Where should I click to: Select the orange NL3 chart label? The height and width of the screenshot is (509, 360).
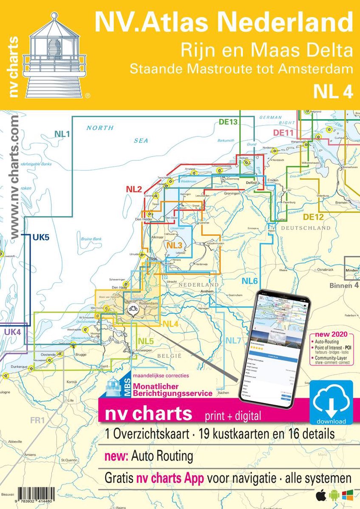[174, 246]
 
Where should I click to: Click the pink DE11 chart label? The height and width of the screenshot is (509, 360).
[284, 133]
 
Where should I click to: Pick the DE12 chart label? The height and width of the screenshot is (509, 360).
[314, 217]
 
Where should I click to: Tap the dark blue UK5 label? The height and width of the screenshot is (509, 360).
[41, 238]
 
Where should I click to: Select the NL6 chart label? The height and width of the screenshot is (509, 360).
[250, 280]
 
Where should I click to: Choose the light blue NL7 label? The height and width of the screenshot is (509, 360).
[233, 341]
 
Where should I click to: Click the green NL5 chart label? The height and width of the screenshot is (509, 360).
[145, 341]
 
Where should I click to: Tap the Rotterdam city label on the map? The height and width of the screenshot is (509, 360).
[148, 304]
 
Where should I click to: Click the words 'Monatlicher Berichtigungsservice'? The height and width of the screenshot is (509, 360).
[172, 390]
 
